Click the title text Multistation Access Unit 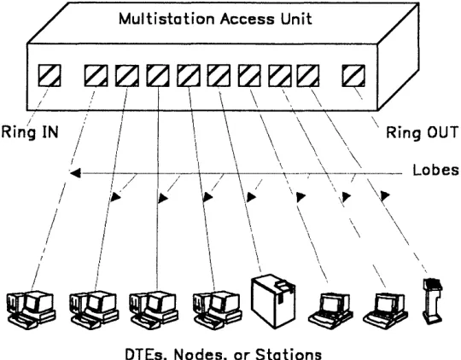[215, 19]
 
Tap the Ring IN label [30, 132]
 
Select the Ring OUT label [423, 132]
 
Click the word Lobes [435, 170]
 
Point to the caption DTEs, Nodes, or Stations [224, 354]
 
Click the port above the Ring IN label [50, 76]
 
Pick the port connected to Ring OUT [353, 76]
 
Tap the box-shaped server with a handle [273, 301]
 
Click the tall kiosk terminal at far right [433, 300]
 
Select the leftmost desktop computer [32, 310]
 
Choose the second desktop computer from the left [94, 310]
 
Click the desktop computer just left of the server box [218, 310]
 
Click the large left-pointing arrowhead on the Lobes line [76, 173]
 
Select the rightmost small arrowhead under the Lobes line [385, 195]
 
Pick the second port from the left [96, 76]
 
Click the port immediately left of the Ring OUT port [308, 76]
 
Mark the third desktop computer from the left [154, 310]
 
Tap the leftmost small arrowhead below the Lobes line [115, 197]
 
